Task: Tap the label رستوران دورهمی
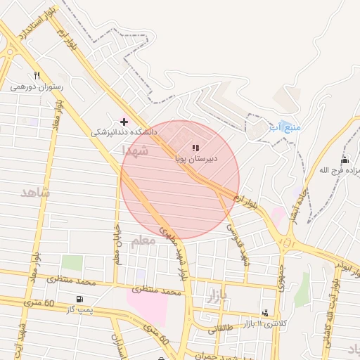pos(37,88)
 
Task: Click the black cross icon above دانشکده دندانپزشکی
pos(124,121)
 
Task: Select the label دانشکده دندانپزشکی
pos(124,132)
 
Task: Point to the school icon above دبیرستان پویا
pos(195,148)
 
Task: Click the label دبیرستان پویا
pos(197,159)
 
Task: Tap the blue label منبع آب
pos(285,127)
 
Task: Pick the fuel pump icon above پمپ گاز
pos(77,300)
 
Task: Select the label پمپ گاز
pos(77,310)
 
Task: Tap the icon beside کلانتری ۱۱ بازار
pos(264,312)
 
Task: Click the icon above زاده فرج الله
pos(344,160)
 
